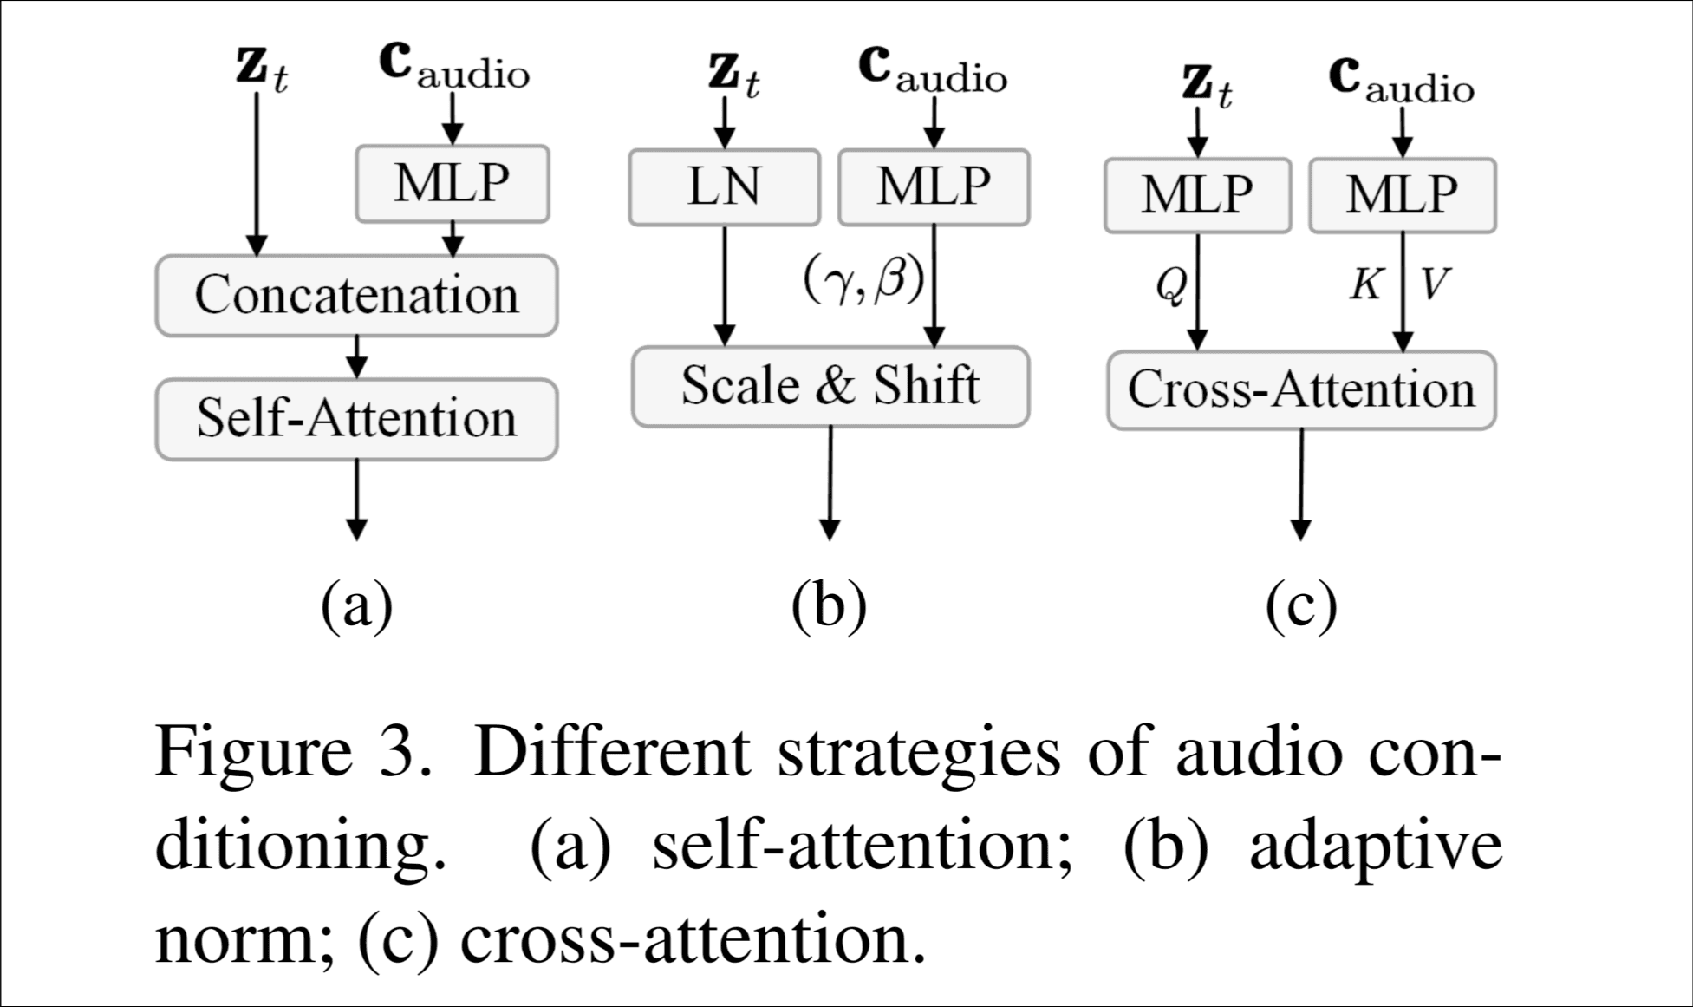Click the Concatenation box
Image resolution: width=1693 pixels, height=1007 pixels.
click(x=356, y=296)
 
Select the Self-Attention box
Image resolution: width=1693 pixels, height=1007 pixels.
click(x=356, y=419)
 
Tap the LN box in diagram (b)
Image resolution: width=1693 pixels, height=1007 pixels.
click(x=724, y=187)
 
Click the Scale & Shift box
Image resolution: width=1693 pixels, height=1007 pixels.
click(x=830, y=386)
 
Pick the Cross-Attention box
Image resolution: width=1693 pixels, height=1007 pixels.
click(x=1301, y=389)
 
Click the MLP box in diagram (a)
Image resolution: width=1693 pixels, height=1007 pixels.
click(x=452, y=183)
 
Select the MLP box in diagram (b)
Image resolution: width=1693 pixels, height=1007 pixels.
click(x=934, y=187)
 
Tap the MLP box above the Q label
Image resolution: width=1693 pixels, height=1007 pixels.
click(x=1197, y=194)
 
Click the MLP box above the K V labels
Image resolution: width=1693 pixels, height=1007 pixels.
click(x=1402, y=194)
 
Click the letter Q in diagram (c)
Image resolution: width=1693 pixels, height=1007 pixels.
click(x=1171, y=285)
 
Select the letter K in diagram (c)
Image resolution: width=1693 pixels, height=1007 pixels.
click(x=1365, y=284)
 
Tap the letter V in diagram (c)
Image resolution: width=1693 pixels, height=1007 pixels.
click(x=1436, y=284)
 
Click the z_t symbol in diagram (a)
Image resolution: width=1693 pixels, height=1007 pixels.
click(x=260, y=69)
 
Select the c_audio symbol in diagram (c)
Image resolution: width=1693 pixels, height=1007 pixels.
click(x=1400, y=81)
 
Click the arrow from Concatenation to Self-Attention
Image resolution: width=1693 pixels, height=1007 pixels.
click(x=356, y=356)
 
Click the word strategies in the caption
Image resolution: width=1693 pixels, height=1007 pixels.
click(x=918, y=752)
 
